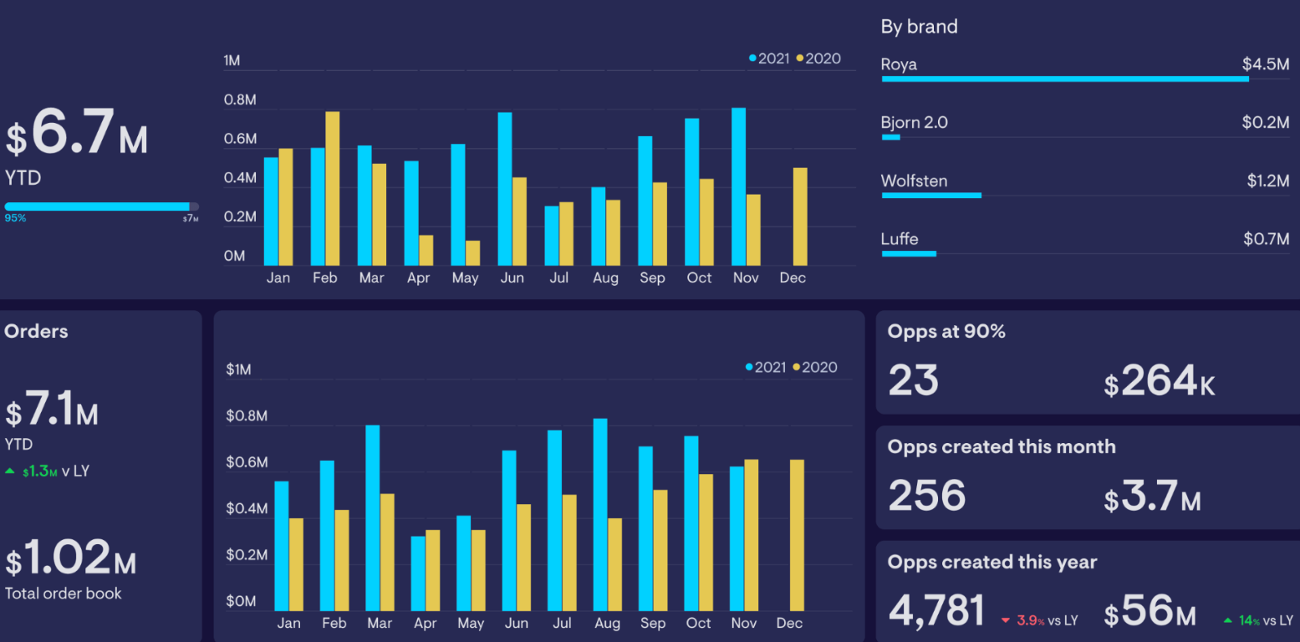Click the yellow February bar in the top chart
[x=332, y=188]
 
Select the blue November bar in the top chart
[x=738, y=186]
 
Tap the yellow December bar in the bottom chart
[x=797, y=535]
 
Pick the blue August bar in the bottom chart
[x=599, y=514]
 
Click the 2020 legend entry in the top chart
[x=818, y=59]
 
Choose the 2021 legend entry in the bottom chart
[x=766, y=367]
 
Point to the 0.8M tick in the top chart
[x=240, y=100]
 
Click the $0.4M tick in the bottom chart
[x=247, y=508]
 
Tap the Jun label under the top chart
[x=512, y=278]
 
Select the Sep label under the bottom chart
[x=652, y=623]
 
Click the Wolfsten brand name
[x=914, y=181]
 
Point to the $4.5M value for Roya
[x=1265, y=64]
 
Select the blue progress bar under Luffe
[x=909, y=253]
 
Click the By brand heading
[x=919, y=27]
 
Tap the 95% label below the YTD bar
[x=15, y=218]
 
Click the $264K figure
[x=1159, y=382]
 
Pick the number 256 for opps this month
[x=926, y=496]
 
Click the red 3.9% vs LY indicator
[x=1039, y=620]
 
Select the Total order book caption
[x=64, y=594]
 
